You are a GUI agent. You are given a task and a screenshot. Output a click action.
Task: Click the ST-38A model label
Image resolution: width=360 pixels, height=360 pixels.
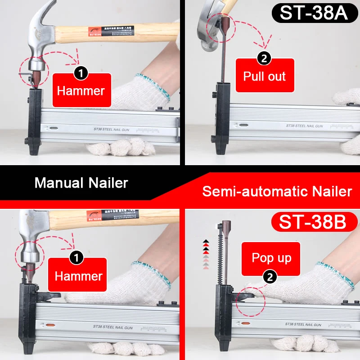pyautogui.click(x=314, y=12)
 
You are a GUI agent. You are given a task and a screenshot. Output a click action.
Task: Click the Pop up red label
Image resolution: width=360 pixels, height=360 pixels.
pyautogui.click(x=271, y=258)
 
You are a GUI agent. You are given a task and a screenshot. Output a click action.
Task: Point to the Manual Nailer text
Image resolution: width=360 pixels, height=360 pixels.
pyautogui.click(x=81, y=183)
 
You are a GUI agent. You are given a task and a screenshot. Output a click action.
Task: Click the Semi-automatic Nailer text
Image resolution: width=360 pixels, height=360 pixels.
pyautogui.click(x=277, y=191)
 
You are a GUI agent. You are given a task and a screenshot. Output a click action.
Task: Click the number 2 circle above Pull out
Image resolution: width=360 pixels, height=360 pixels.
pyautogui.click(x=264, y=58)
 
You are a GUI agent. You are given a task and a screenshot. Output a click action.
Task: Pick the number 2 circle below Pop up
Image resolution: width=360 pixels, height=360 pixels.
pyautogui.click(x=270, y=278)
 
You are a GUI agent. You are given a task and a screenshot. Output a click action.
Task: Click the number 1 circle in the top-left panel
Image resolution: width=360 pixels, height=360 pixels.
pyautogui.click(x=80, y=72)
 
